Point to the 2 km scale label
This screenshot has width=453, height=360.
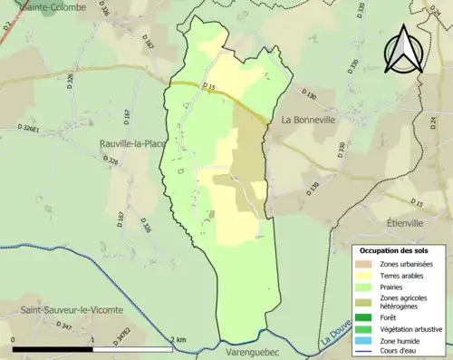[180, 339]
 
